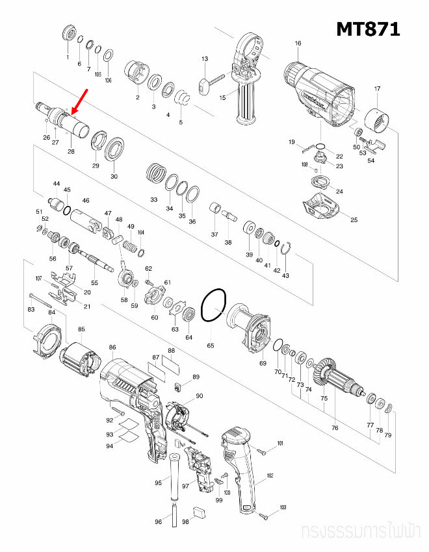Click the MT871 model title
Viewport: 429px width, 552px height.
click(368, 29)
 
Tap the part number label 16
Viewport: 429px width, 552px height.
click(298, 44)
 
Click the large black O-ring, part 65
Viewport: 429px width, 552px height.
click(213, 305)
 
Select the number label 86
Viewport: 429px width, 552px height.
click(112, 348)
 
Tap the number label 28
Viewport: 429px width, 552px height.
click(71, 151)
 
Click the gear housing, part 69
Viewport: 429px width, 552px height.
click(252, 330)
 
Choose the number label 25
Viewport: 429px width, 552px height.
click(354, 220)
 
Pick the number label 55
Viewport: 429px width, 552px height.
click(94, 283)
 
